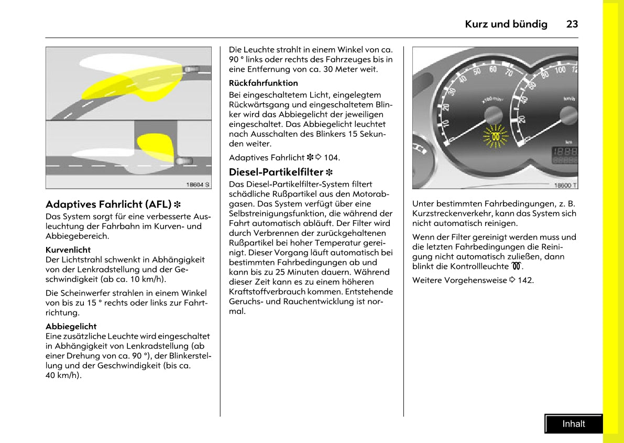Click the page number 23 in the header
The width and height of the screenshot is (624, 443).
point(572,24)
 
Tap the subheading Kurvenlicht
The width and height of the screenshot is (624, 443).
point(68,250)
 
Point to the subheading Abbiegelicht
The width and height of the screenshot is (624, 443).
point(71,326)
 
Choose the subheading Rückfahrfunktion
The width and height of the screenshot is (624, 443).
point(263,83)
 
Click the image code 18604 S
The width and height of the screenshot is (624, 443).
point(198,184)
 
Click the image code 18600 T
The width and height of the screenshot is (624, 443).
point(565,185)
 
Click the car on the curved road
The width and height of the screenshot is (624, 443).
point(192,69)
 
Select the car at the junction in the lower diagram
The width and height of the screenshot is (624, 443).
point(183,161)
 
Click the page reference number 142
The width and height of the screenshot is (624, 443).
point(526,280)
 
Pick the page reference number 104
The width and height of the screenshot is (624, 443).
point(332,157)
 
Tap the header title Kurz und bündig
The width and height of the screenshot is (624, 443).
point(506,24)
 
